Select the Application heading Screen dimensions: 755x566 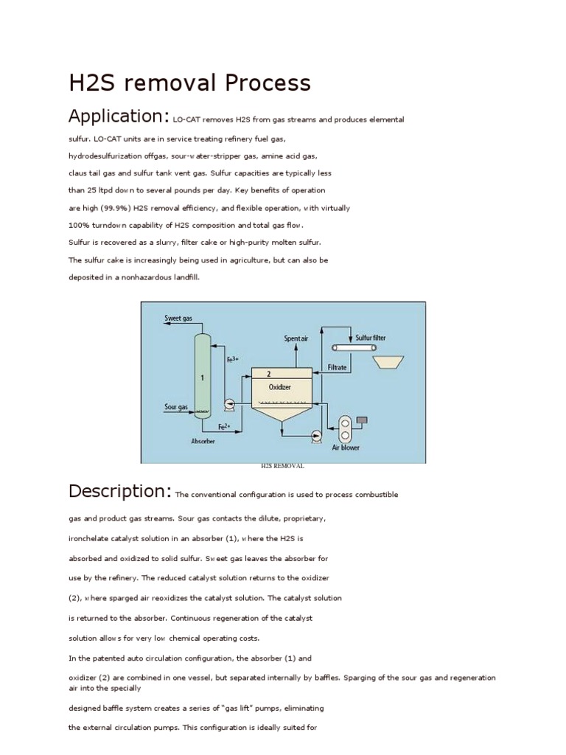(x=119, y=116)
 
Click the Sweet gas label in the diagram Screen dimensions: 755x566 (x=178, y=319)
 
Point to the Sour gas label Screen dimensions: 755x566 (x=175, y=406)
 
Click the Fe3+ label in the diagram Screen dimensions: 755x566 (x=232, y=359)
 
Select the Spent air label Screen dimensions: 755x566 (x=296, y=338)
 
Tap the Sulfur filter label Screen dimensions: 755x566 (x=371, y=338)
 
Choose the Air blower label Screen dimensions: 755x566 (x=345, y=447)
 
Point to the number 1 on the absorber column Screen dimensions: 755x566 (x=202, y=377)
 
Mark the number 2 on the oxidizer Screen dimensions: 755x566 (x=268, y=374)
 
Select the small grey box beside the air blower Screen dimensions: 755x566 (x=362, y=420)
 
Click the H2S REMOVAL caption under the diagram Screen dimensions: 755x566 (x=282, y=467)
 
